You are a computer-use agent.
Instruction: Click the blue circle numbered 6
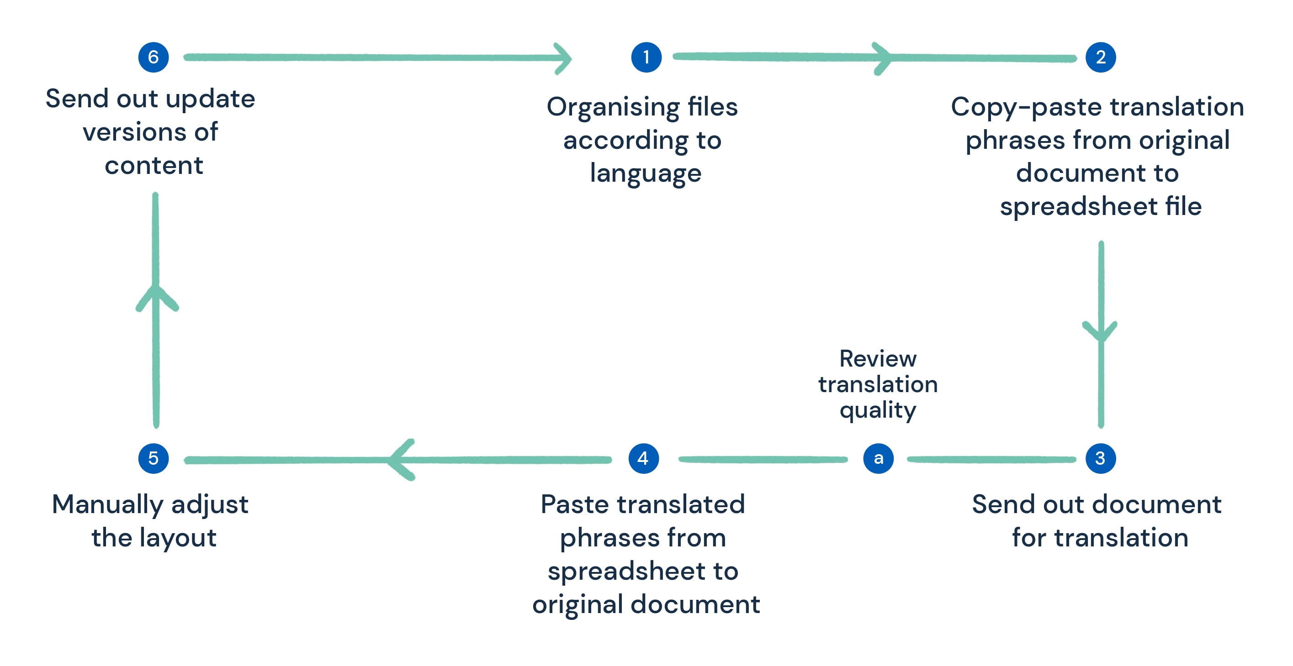click(153, 57)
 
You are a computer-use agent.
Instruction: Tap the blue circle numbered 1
click(646, 57)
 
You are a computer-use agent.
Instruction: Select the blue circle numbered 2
click(1100, 57)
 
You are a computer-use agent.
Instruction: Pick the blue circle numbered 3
click(1100, 458)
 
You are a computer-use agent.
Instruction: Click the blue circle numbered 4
click(643, 458)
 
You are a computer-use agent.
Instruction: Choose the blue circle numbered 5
click(153, 458)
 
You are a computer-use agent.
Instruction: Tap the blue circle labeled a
click(878, 458)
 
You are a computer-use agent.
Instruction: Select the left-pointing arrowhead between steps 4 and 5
click(402, 459)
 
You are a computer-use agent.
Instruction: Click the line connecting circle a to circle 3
click(991, 459)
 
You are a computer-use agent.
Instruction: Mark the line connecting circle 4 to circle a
click(763, 459)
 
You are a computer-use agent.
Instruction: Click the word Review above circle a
click(878, 359)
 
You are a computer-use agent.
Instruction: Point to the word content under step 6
click(154, 166)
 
